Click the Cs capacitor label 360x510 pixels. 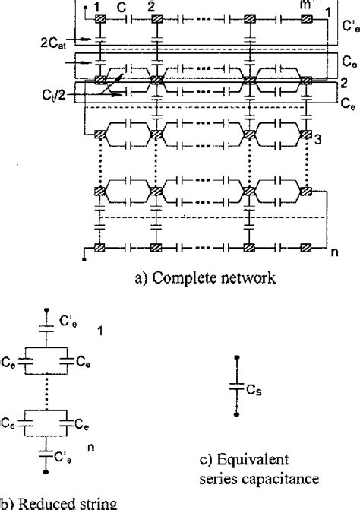pos(256,388)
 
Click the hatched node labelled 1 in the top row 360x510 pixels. pos(99,19)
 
